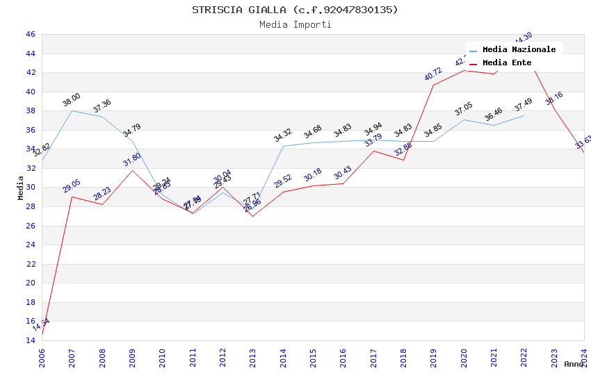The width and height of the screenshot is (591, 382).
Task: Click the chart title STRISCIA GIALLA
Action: (x=295, y=10)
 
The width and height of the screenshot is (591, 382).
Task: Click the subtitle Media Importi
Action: (x=295, y=25)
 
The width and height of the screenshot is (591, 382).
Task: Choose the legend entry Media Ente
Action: (x=506, y=63)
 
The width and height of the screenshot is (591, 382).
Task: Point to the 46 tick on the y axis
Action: (x=30, y=35)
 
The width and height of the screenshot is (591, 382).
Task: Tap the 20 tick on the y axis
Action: (x=30, y=283)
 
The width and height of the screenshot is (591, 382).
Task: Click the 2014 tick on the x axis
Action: (x=283, y=356)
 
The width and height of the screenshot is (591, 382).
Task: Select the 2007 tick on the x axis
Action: (x=72, y=356)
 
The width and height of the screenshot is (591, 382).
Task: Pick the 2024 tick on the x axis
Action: (x=584, y=356)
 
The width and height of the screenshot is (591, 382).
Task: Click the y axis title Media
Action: (x=21, y=187)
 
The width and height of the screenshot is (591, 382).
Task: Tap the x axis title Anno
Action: (x=574, y=364)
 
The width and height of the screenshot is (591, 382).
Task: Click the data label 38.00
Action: (x=72, y=100)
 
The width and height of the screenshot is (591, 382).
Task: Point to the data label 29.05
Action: (x=72, y=186)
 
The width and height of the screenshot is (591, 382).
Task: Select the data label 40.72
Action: (x=433, y=74)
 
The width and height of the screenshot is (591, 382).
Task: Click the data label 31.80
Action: (x=132, y=160)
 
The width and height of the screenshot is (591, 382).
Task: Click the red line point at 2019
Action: (x=433, y=85)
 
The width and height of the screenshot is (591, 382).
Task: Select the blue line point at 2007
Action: (x=72, y=110)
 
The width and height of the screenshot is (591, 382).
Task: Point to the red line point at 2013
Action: (x=252, y=216)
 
